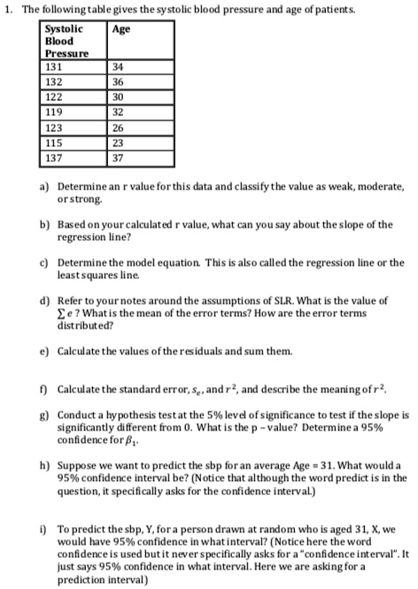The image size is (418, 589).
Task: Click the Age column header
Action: [121, 29]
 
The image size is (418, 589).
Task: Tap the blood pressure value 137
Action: [55, 159]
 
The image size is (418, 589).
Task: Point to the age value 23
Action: [121, 143]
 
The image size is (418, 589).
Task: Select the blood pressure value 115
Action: [55, 143]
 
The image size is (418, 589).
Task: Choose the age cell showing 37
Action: [121, 159]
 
